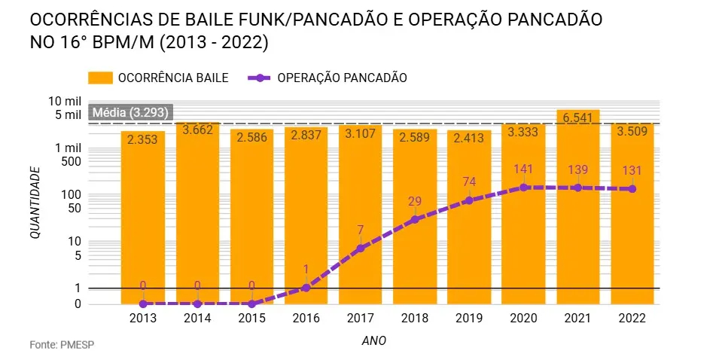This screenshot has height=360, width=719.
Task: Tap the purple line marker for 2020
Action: (523, 187)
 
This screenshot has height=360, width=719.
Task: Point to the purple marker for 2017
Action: (361, 248)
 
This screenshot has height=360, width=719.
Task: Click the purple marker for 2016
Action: (306, 287)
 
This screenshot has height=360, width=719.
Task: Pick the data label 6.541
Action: (577, 118)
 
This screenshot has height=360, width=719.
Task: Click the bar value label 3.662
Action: (197, 130)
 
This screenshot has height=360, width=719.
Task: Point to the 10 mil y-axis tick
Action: (64, 101)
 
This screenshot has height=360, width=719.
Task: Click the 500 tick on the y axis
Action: (69, 160)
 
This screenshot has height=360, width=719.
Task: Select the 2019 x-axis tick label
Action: (469, 319)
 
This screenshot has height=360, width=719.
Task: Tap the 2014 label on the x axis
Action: (197, 319)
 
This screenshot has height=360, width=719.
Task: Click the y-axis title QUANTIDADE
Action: (35, 203)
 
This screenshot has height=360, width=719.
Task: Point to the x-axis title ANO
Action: (374, 340)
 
